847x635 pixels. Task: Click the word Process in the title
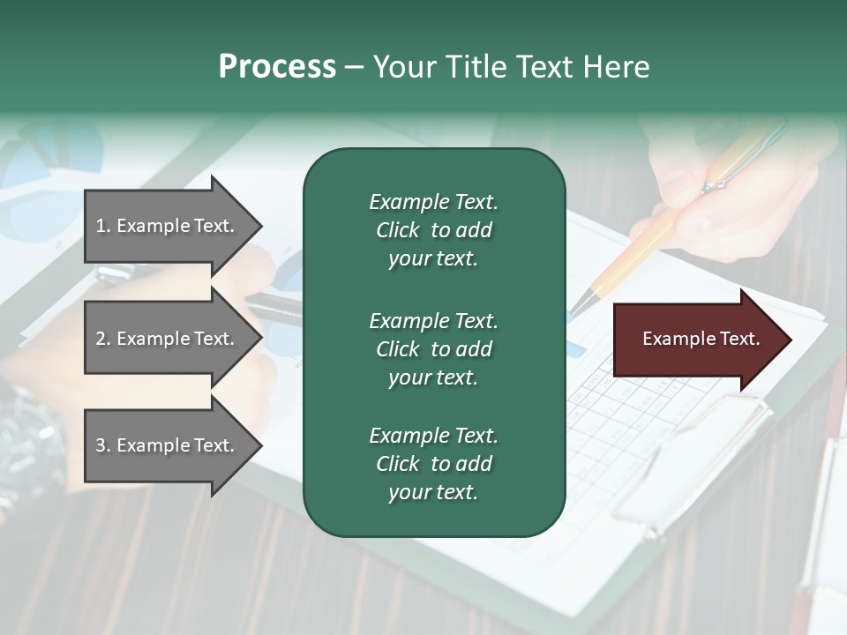point(277,67)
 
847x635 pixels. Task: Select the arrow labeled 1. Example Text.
point(168,226)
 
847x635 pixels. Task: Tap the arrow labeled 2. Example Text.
point(168,339)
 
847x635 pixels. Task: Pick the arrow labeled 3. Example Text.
point(168,445)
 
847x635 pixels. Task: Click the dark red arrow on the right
point(697,340)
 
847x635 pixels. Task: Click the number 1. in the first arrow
point(103,226)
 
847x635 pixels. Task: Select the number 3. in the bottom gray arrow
point(103,445)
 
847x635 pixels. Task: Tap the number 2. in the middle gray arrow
point(103,339)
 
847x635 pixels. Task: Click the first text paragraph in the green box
point(433,230)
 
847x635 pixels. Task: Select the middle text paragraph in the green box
point(433,349)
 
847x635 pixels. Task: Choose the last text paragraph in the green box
point(433,464)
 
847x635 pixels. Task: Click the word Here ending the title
point(615,67)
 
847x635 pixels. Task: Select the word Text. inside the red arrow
point(738,339)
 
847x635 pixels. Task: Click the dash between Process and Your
point(354,67)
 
